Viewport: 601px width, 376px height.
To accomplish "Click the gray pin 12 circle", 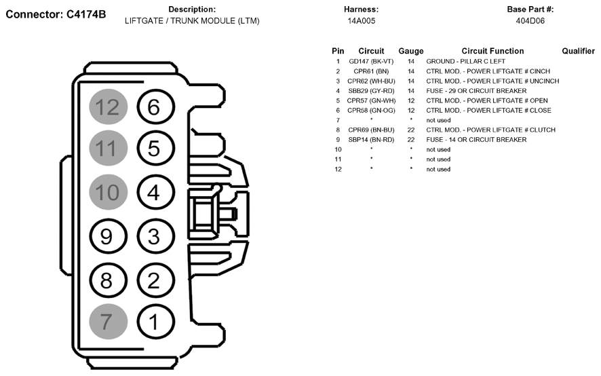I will pyautogui.click(x=108, y=107).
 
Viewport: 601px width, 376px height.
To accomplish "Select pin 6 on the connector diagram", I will pyautogui.click(x=155, y=107).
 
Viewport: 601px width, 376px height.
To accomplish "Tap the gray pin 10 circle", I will pyautogui.click(x=108, y=192).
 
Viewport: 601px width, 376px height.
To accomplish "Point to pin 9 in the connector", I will pyautogui.click(x=108, y=236).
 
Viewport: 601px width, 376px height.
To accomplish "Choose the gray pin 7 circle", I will pyautogui.click(x=108, y=321).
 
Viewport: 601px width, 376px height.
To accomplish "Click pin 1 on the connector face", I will pyautogui.click(x=155, y=321).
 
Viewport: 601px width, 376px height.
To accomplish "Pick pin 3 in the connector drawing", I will pyautogui.click(x=155, y=236).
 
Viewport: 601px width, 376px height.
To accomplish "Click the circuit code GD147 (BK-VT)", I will pyautogui.click(x=371, y=62).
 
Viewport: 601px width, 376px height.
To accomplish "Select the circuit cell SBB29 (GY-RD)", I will pyautogui.click(x=371, y=91).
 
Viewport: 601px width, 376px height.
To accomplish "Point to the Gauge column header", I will pyautogui.click(x=411, y=51).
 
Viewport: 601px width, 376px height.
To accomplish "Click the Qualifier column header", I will pyautogui.click(x=578, y=51).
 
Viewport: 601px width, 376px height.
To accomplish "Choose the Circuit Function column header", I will pyautogui.click(x=492, y=51).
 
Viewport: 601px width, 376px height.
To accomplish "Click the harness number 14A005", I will pyautogui.click(x=362, y=21).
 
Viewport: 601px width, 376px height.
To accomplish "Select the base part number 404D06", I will pyautogui.click(x=530, y=21).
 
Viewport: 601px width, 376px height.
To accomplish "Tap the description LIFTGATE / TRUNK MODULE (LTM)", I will pyautogui.click(x=192, y=21).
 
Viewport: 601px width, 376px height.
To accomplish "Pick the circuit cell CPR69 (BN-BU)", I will pyautogui.click(x=371, y=130).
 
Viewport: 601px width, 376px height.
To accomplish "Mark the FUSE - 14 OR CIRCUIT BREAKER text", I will pyautogui.click(x=476, y=140).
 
